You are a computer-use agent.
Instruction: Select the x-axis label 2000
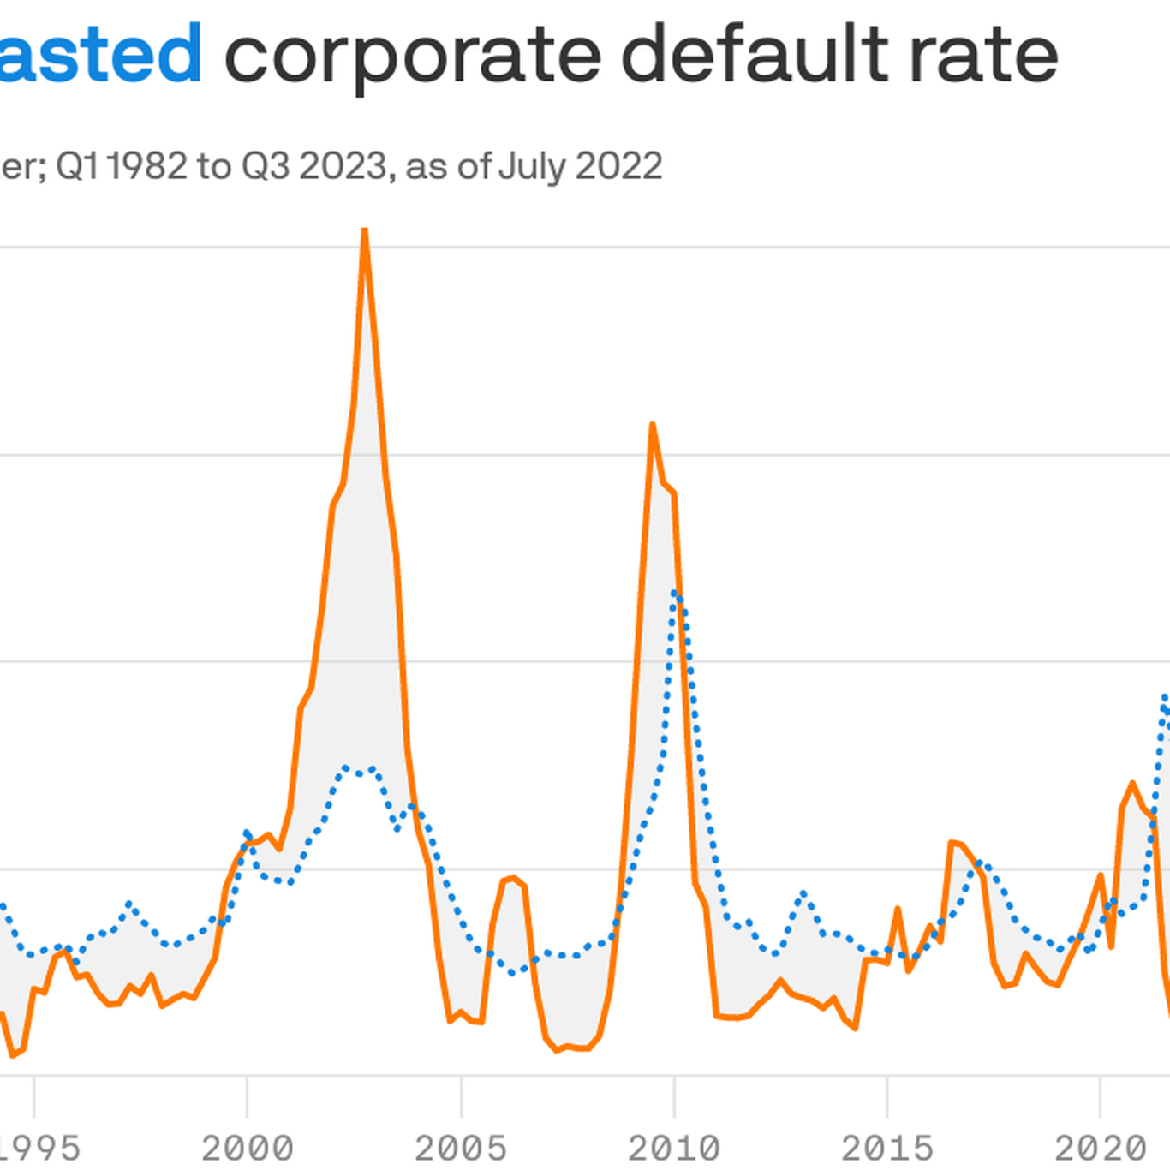point(247,1147)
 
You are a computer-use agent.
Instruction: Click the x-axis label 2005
point(461,1147)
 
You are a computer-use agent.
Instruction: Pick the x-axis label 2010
point(674,1147)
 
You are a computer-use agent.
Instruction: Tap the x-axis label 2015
point(887,1147)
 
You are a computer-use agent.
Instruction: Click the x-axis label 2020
point(1100,1147)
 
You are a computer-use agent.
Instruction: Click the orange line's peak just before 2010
point(653,426)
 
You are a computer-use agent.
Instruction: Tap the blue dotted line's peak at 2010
point(675,593)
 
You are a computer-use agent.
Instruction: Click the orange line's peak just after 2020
point(1132,783)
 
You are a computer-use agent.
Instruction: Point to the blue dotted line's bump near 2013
point(803,893)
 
